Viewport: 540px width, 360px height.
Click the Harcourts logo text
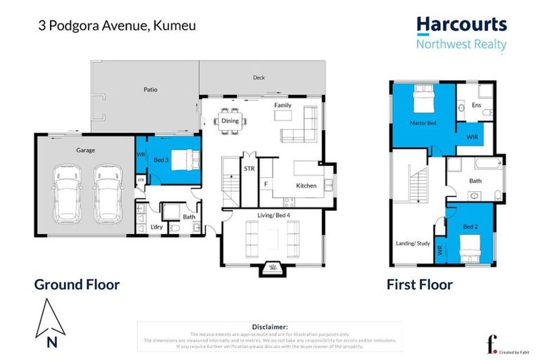461,25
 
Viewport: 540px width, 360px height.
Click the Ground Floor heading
77,285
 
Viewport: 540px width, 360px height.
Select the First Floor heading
419,285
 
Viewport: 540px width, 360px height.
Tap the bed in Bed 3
185,160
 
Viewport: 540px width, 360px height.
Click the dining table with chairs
230,120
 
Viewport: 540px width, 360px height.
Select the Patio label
150,90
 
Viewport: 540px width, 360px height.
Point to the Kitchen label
306,186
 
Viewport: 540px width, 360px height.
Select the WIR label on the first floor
471,136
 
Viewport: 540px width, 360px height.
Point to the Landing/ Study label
412,244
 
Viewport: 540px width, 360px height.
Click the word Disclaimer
269,327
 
